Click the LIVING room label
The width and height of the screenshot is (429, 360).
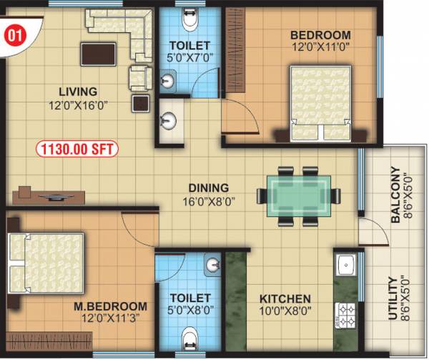click(78, 91)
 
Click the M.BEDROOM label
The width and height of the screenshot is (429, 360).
click(110, 306)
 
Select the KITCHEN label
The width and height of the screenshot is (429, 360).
click(285, 298)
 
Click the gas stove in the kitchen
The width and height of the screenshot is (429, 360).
click(346, 313)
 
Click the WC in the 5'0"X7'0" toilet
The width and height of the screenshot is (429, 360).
click(189, 21)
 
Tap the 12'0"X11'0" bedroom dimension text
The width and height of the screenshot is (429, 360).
click(320, 49)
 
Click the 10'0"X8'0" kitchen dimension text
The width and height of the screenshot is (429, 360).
click(285, 311)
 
